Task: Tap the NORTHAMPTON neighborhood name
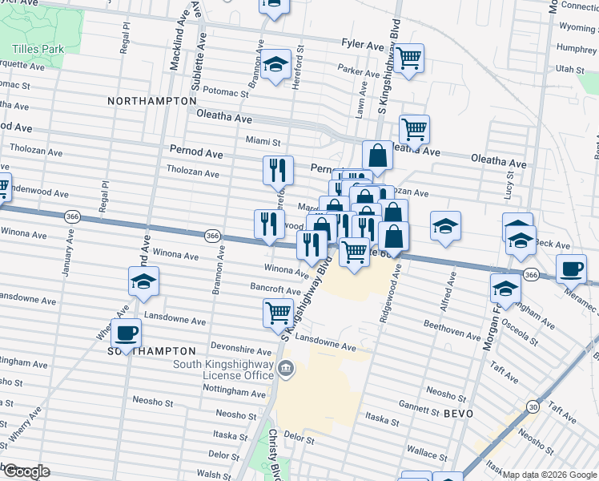tap(152, 101)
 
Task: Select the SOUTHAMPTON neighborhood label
tap(152, 351)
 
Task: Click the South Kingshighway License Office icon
tap(286, 370)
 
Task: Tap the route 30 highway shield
tap(533, 407)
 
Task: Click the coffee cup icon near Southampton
tap(127, 332)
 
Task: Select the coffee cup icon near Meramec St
tap(571, 269)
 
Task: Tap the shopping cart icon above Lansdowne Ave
tap(279, 312)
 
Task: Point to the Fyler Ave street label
tap(363, 46)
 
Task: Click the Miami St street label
tap(263, 141)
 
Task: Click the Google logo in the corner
tap(26, 471)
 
